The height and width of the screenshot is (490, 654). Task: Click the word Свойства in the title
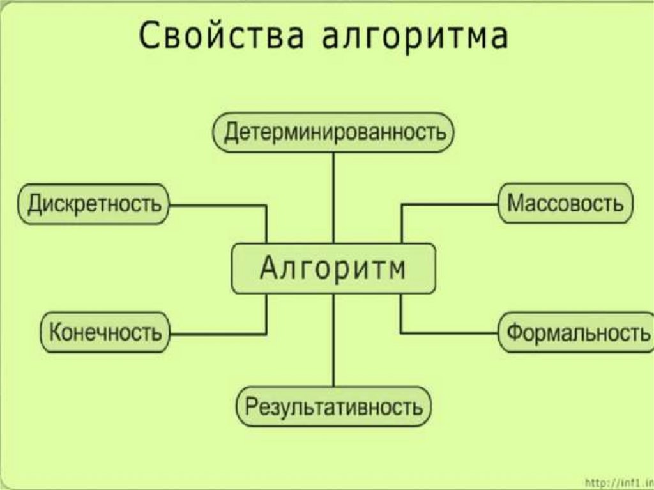tap(221, 36)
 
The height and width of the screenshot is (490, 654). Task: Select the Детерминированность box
tap(333, 133)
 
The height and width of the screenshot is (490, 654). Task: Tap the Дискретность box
tap(93, 204)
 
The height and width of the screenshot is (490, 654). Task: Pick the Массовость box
tap(566, 203)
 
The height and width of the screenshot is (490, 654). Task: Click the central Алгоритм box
tap(333, 268)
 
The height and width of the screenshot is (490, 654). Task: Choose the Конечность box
tap(105, 333)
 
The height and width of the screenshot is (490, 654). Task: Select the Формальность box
tap(577, 333)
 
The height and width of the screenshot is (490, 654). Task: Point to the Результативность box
tap(333, 407)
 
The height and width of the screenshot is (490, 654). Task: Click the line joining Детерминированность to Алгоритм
tap(333, 198)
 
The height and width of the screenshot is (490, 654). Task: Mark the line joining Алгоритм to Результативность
tap(333, 340)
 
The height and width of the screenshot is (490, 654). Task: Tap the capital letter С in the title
tap(150, 36)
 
